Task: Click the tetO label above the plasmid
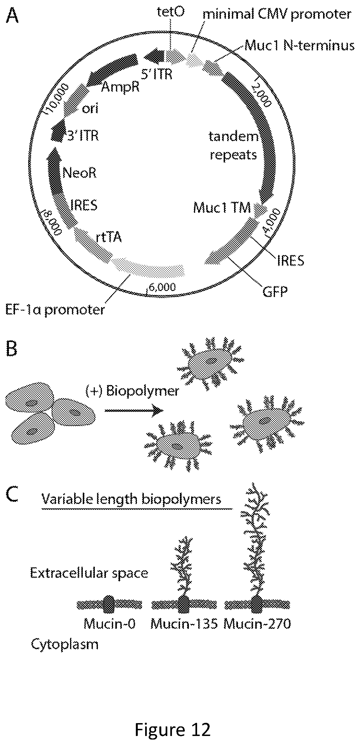(x=171, y=12)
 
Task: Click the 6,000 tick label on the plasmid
(x=162, y=287)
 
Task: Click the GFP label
(x=275, y=291)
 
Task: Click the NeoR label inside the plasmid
(x=79, y=173)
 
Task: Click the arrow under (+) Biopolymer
(x=134, y=410)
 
